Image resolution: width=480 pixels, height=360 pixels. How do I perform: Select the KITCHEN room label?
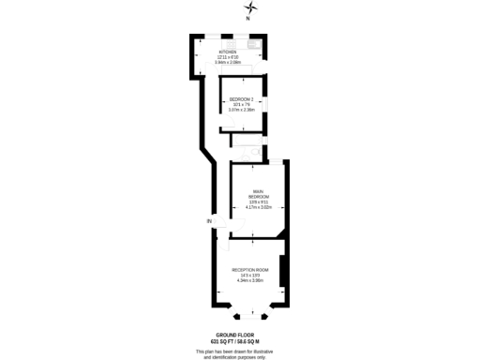click(x=229, y=52)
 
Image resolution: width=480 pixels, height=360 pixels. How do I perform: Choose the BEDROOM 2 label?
click(x=242, y=97)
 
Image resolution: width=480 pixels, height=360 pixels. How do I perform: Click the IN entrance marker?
click(x=210, y=220)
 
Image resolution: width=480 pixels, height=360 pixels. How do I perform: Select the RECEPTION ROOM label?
click(x=250, y=269)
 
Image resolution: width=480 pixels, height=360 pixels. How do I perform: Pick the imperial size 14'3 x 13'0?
click(x=250, y=275)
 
